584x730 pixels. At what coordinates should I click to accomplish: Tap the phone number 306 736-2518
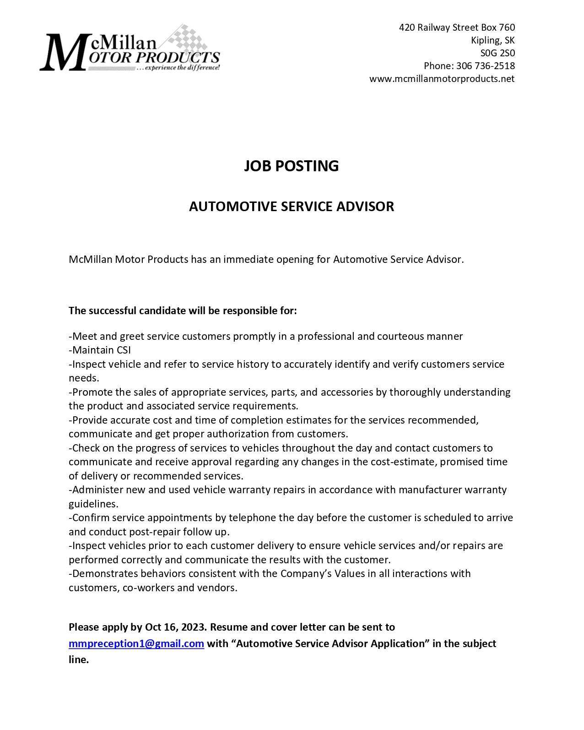tap(486, 66)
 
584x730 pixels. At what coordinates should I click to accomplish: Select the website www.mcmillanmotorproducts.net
tap(442, 79)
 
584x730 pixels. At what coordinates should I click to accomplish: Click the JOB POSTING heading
tap(291, 166)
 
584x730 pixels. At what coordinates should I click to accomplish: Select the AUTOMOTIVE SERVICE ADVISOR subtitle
tap(291, 207)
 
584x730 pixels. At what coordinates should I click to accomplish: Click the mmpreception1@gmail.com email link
tap(136, 644)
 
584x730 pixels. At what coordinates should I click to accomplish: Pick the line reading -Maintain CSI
tap(100, 350)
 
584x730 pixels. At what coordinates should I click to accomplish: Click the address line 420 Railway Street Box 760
tap(457, 27)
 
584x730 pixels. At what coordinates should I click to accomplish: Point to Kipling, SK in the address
tap(492, 40)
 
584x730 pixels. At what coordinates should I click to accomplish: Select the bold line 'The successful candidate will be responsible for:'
tap(183, 311)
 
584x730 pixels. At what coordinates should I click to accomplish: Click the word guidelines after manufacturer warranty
tap(93, 504)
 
